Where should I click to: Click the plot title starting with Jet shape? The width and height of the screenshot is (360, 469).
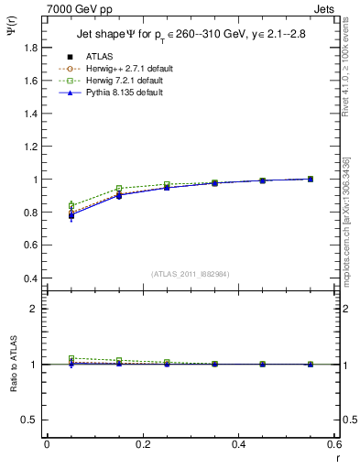click(191, 35)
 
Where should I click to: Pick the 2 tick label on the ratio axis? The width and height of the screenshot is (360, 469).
click(34, 309)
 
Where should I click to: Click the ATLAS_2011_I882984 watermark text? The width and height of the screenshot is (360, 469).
click(190, 274)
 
